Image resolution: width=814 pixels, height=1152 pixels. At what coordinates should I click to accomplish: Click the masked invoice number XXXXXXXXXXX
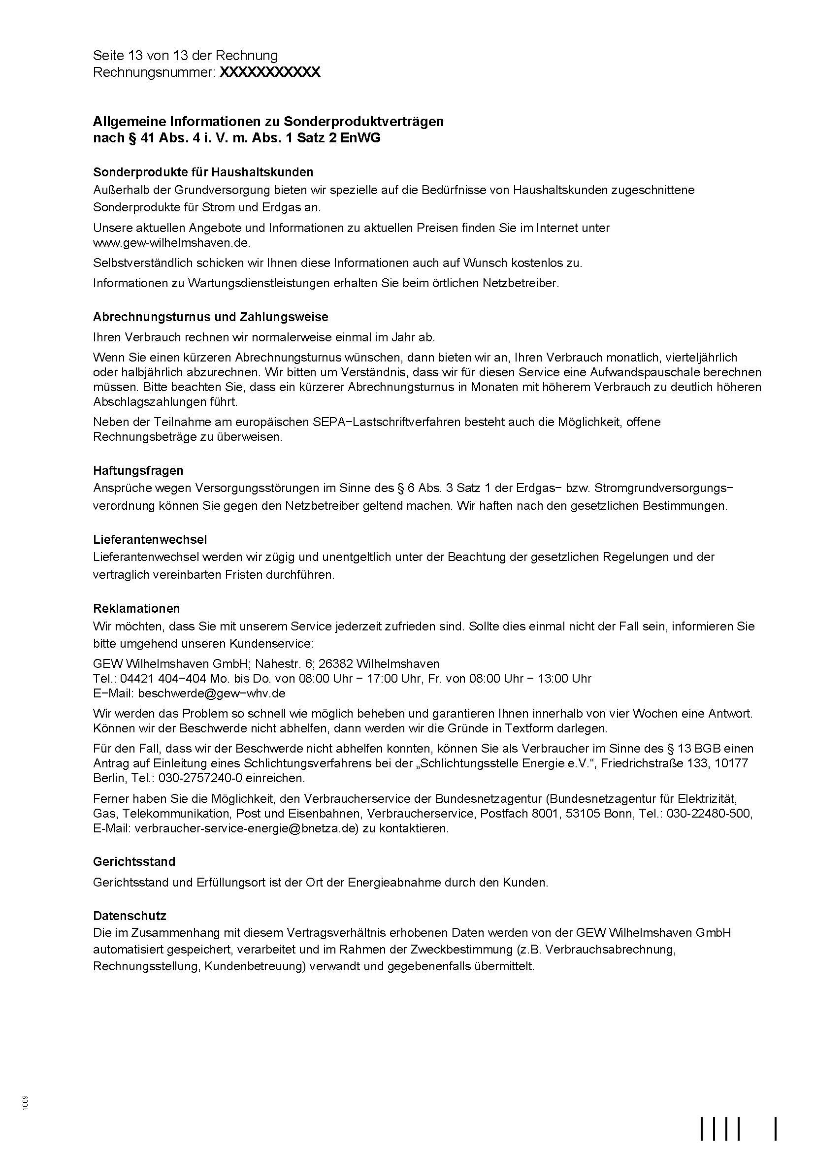[x=270, y=72]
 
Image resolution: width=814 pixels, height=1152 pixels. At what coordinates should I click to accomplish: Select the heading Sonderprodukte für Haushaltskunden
[x=203, y=172]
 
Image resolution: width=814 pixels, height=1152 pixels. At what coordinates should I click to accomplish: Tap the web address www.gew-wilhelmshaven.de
[x=171, y=243]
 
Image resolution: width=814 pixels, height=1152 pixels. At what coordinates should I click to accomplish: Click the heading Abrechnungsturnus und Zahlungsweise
[x=211, y=317]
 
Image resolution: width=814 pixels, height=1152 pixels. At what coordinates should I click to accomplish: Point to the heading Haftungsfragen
[x=138, y=470]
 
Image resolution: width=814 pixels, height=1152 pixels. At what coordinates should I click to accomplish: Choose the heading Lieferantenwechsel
[x=150, y=539]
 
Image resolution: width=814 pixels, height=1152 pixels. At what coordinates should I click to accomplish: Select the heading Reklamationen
[x=136, y=608]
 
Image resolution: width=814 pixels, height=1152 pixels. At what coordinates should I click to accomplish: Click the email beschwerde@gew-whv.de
[x=212, y=693]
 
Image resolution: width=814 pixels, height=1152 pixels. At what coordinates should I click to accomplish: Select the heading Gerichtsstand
[x=134, y=862]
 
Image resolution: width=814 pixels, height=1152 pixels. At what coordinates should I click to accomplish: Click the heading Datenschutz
[x=130, y=916]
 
